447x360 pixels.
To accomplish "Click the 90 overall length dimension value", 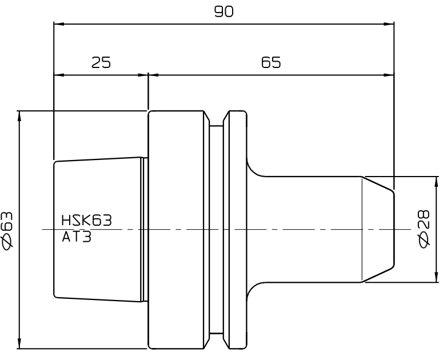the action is [223, 11].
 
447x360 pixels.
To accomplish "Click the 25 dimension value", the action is [101, 62].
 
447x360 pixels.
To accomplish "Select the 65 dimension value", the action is [271, 62].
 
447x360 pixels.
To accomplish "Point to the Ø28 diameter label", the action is [424, 229].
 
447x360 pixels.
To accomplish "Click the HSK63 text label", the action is [87, 221].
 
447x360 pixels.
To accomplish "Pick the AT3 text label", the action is [77, 237].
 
